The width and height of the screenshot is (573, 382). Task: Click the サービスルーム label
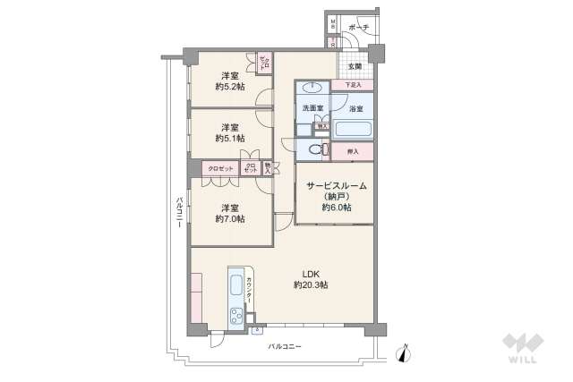click(336, 186)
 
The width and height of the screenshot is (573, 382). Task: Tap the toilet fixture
click(313, 149)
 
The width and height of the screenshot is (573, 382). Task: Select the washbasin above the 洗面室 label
click(312, 89)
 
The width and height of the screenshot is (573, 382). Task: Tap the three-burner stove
click(237, 315)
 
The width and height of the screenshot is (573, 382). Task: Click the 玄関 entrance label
click(355, 66)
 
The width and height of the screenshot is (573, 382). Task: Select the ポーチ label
click(359, 28)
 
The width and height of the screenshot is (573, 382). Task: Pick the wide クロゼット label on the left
click(220, 168)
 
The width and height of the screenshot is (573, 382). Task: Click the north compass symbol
click(405, 354)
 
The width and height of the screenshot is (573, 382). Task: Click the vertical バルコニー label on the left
click(180, 215)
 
